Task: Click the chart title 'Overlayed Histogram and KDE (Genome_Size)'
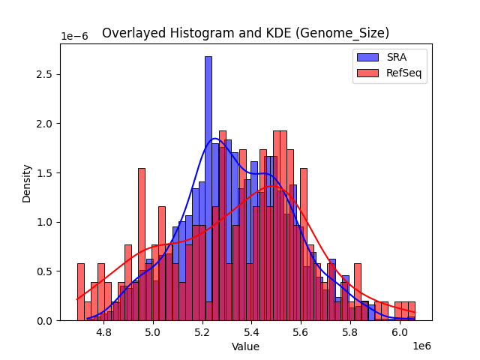click(x=245, y=33)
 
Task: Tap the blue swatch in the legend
click(x=367, y=56)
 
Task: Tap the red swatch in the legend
click(x=367, y=72)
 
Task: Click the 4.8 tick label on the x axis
click(x=103, y=332)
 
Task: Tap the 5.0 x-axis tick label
click(x=153, y=332)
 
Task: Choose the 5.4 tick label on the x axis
click(x=252, y=332)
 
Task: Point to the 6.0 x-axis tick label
click(x=400, y=332)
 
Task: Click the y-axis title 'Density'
click(x=26, y=182)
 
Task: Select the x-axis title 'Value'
click(x=245, y=346)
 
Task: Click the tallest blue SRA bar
click(x=208, y=187)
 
